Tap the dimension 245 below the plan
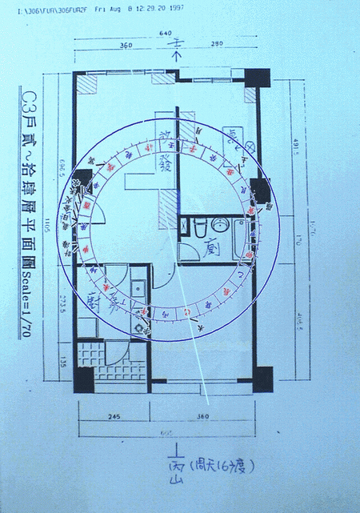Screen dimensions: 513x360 pyautogui.click(x=111, y=417)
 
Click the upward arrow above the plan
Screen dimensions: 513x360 pyautogui.click(x=178, y=56)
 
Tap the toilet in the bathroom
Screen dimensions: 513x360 pyautogui.click(x=198, y=227)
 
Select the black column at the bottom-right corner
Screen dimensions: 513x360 pyautogui.click(x=262, y=378)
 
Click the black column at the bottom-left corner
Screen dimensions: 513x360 pyautogui.click(x=83, y=377)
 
